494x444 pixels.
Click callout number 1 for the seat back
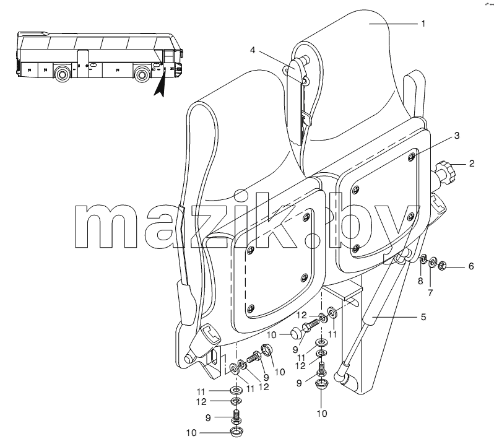(423, 24)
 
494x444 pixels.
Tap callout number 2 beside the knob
(471, 163)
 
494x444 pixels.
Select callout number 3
(456, 136)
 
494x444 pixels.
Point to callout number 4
(253, 50)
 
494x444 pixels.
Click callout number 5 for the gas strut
(423, 317)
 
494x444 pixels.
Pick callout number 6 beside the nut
(471, 267)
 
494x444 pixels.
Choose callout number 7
(430, 293)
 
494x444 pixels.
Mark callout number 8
(420, 281)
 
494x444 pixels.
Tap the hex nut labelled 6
(442, 265)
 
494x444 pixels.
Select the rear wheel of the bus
(63, 74)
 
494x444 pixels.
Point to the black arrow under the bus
(160, 82)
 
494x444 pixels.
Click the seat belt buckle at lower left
(202, 343)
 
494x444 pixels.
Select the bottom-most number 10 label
(191, 433)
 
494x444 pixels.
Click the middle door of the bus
(84, 64)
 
